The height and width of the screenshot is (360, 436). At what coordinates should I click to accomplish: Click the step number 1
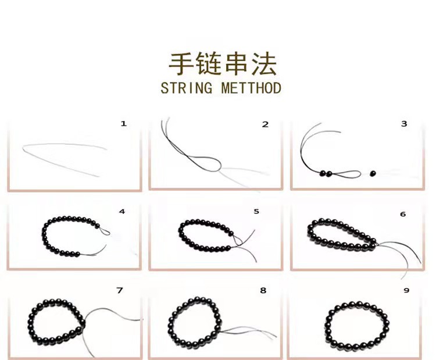123,123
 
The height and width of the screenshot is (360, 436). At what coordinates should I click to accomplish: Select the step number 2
265,124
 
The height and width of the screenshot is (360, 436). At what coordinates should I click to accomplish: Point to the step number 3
404,123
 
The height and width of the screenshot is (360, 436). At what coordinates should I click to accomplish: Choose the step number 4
121,211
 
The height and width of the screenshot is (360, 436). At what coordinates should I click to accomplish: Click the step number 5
256,211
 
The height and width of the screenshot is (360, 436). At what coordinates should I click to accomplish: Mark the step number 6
402,214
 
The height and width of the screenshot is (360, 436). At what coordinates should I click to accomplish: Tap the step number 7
120,290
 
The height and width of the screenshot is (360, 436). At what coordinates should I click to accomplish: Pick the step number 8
263,290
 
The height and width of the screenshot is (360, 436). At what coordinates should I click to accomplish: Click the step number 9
406,290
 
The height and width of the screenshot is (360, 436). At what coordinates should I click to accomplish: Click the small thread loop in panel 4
105,232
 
